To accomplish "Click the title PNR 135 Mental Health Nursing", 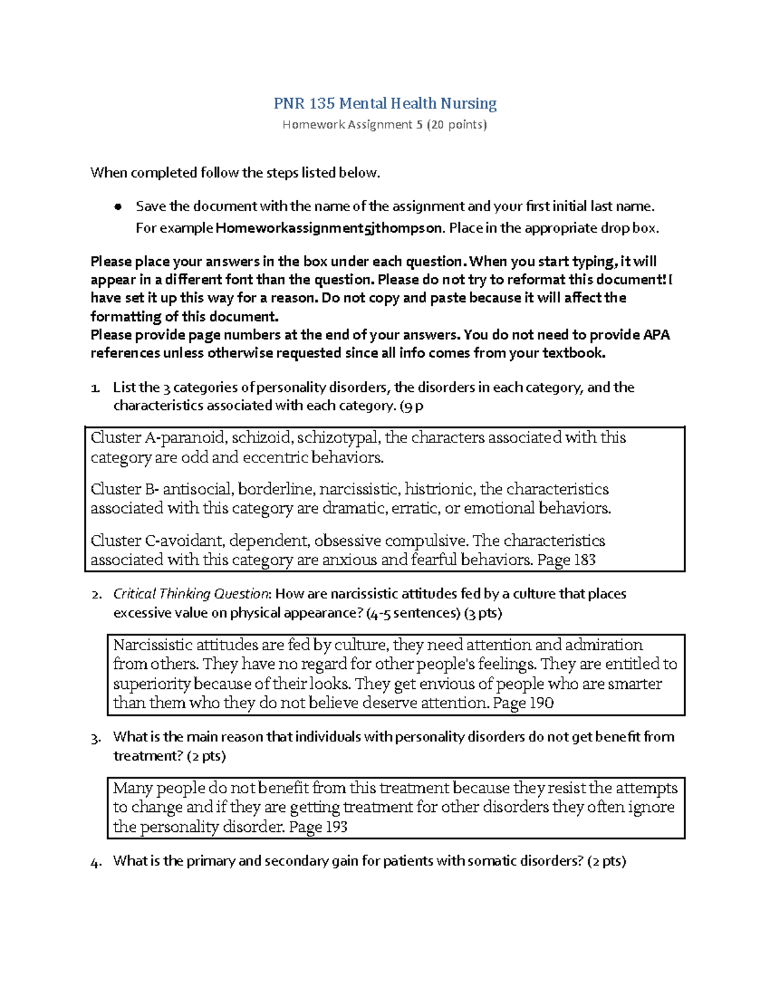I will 385,103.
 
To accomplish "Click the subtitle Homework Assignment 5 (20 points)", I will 385,124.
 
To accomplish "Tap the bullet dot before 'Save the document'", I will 117,207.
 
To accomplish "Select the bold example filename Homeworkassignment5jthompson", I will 329,228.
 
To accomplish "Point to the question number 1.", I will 95,388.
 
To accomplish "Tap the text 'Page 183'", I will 567,560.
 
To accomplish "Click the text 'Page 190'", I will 523,703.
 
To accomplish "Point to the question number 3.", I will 96,738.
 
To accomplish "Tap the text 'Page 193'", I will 318,827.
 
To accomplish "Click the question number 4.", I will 96,861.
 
